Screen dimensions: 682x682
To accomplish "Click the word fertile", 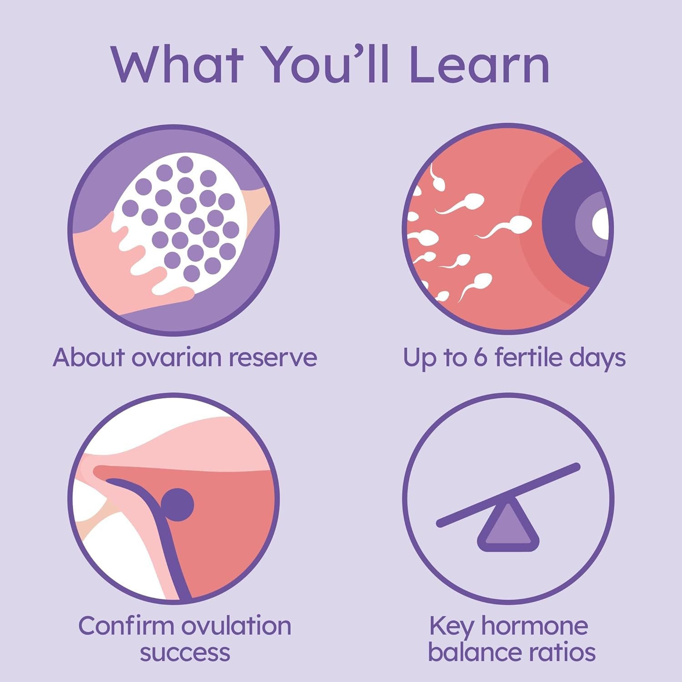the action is click(528, 357).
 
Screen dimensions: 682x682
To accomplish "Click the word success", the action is click(185, 653).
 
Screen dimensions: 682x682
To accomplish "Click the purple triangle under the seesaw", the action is click(508, 526).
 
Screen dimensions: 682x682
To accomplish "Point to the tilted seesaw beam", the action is click(508, 495).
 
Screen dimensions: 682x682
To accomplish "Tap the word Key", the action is click(452, 627).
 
